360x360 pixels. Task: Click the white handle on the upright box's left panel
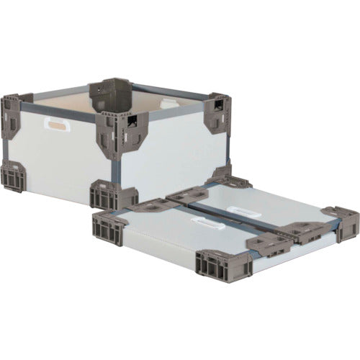(x=55, y=125)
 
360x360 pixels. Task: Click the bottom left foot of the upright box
(x=12, y=177)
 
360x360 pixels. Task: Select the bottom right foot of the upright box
(x=220, y=173)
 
